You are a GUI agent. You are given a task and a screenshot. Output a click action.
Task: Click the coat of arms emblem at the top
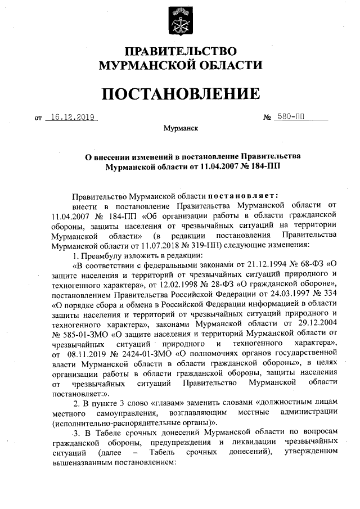[x=181, y=21]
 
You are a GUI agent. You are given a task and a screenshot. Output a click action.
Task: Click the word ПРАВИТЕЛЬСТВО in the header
[x=180, y=52]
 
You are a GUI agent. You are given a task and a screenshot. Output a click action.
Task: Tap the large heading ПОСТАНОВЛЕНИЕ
[x=180, y=93]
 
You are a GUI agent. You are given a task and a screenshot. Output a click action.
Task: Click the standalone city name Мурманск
[x=180, y=128]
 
